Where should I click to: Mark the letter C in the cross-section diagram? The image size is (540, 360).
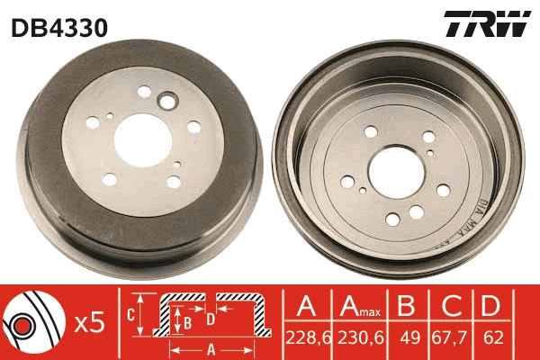pyautogui.click(x=130, y=314)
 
